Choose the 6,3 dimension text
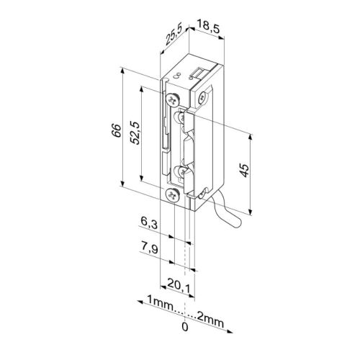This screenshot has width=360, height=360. pyautogui.click(x=146, y=225)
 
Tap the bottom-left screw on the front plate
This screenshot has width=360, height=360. pyautogui.click(x=171, y=195)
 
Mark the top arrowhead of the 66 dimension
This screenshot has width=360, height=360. pyautogui.click(x=123, y=71)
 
